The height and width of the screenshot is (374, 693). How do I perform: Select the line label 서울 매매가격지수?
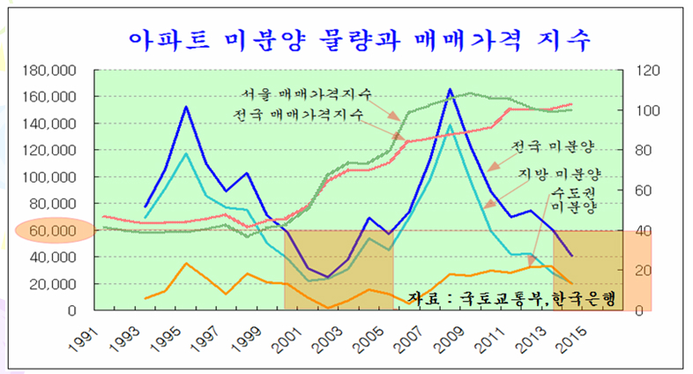click(x=305, y=94)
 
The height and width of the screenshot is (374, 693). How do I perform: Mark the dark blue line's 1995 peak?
click(x=186, y=107)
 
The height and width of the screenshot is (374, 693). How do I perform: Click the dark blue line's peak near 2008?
click(x=451, y=89)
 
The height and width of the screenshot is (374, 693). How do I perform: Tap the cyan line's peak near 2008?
click(x=451, y=124)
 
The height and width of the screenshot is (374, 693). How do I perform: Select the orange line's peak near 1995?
click(x=186, y=263)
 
